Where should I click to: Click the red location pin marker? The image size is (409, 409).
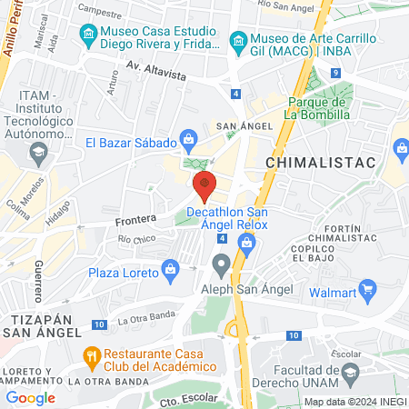click(205, 185)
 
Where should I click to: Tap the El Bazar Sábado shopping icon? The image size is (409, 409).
click(188, 139)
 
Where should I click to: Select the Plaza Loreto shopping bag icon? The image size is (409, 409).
click(169, 270)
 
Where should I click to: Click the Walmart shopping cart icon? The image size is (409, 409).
click(368, 291)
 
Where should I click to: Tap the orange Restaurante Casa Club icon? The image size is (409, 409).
click(90, 354)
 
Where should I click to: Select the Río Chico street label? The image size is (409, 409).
click(137, 238)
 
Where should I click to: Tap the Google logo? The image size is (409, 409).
click(30, 397)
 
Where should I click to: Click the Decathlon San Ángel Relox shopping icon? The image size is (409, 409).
click(244, 241)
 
